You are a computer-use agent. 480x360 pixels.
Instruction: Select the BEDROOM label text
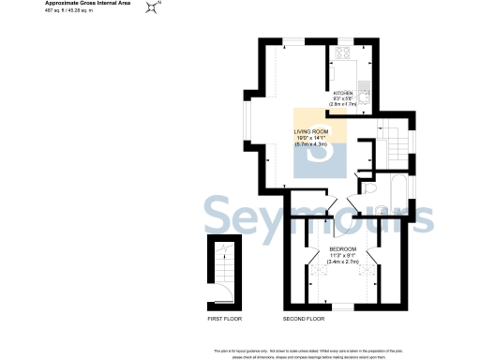pyautogui.click(x=342, y=248)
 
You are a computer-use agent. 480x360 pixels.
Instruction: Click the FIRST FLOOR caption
pyautogui.click(x=224, y=320)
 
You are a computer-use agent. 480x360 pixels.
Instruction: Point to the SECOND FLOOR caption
pyautogui.click(x=304, y=320)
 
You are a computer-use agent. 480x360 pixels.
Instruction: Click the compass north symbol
pyautogui.click(x=151, y=8)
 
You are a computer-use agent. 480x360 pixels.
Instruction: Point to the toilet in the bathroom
pyautogui.click(x=371, y=190)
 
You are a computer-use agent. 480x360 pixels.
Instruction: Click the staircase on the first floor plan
pyautogui.click(x=223, y=275)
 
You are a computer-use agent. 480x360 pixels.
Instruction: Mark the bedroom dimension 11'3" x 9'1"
pyautogui.click(x=342, y=255)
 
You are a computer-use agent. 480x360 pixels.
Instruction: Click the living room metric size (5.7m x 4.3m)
pyautogui.click(x=316, y=145)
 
